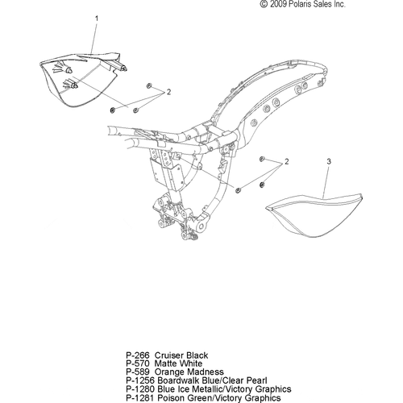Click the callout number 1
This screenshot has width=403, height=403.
pyautogui.click(x=97, y=19)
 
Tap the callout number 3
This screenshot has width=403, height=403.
pyautogui.click(x=329, y=161)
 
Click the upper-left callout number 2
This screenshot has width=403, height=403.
pyautogui.click(x=168, y=92)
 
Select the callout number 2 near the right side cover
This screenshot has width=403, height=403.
pyautogui.click(x=287, y=161)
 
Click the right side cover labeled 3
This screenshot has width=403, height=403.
pyautogui.click(x=314, y=215)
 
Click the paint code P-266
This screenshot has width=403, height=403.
pyautogui.click(x=137, y=355)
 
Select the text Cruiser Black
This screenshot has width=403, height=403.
pyautogui.click(x=181, y=355)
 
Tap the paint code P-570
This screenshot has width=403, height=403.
pyautogui.click(x=137, y=364)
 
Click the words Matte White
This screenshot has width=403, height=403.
pyautogui.click(x=179, y=364)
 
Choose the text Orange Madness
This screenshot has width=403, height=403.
pyautogui.click(x=189, y=372)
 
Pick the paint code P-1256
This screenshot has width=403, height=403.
pyautogui.click(x=140, y=380)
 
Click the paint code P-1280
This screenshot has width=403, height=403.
pyautogui.click(x=140, y=389)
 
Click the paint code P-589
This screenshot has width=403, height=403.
pyautogui.click(x=137, y=372)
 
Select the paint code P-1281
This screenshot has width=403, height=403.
pyautogui.click(x=140, y=397)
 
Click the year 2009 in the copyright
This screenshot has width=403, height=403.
pyautogui.click(x=278, y=4)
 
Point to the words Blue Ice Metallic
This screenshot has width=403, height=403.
pyautogui.click(x=190, y=389)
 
